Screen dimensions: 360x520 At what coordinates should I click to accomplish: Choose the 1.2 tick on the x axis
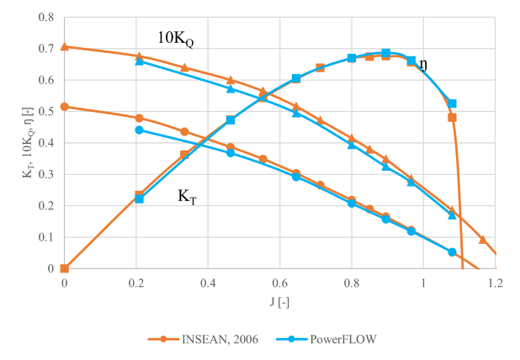[x=496, y=283]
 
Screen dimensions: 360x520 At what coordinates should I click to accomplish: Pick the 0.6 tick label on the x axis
[x=280, y=283]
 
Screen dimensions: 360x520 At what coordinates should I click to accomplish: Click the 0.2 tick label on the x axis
[x=136, y=283]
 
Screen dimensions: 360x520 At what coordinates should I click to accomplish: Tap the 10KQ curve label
[x=177, y=38]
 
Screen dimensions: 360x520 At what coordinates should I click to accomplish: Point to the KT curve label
[x=188, y=196]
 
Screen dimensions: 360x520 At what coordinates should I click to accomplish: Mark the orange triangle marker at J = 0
[x=65, y=46]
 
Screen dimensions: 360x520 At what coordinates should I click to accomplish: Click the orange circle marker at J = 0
[x=65, y=107]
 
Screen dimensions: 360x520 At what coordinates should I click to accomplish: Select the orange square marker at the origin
[x=65, y=268]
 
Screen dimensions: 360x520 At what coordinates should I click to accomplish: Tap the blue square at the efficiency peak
[x=386, y=53]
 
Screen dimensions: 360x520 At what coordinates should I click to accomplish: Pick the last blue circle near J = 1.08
[x=452, y=251]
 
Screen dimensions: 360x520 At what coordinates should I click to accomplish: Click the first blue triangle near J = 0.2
[x=140, y=61]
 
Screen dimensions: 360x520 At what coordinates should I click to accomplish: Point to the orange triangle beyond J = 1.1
[x=482, y=240]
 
